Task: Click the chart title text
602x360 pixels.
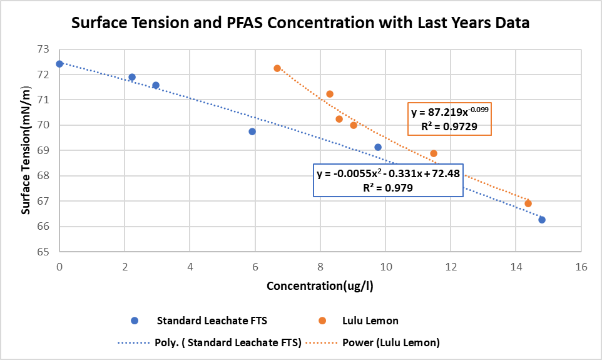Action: click(300, 24)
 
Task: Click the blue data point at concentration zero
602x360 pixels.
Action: click(59, 64)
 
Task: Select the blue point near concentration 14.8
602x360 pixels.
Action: click(542, 220)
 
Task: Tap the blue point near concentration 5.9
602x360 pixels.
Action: click(252, 131)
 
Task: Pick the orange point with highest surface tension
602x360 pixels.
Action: click(277, 68)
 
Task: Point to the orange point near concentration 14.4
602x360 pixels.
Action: click(528, 203)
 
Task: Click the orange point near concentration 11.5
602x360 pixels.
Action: click(434, 153)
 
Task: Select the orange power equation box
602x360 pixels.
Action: click(450, 119)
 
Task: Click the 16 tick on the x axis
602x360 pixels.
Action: click(581, 267)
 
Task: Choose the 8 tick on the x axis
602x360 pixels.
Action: click(320, 267)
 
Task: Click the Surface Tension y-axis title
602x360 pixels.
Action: click(26, 150)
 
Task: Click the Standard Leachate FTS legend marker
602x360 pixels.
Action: click(135, 321)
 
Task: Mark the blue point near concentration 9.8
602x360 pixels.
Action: click(378, 147)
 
